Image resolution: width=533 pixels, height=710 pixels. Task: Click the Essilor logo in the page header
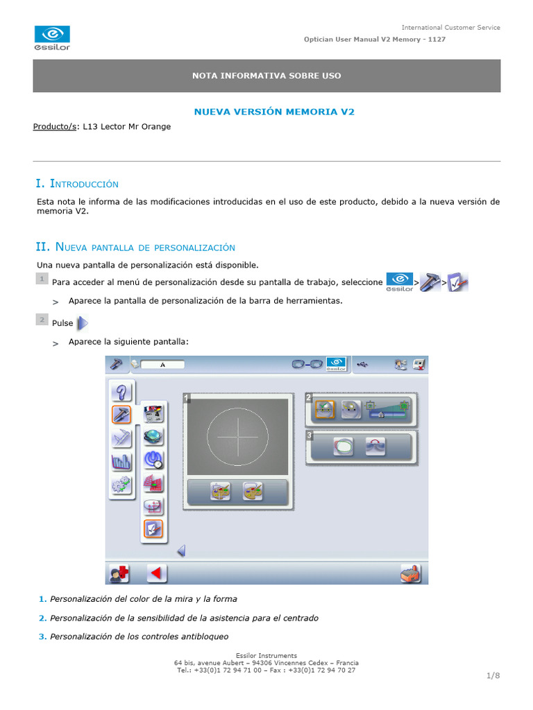(52, 38)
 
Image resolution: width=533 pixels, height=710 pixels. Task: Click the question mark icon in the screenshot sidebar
(121, 392)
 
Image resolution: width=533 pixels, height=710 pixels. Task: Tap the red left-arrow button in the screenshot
(157, 573)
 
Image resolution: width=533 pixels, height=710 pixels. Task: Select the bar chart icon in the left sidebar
(121, 461)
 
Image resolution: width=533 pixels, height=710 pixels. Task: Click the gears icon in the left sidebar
(121, 485)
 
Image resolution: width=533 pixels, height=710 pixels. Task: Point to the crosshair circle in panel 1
(237, 437)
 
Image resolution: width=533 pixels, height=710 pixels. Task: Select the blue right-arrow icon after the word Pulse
(82, 323)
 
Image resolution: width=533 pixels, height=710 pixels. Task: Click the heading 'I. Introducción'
(77, 184)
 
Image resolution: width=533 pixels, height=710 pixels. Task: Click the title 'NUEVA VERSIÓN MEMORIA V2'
(273, 112)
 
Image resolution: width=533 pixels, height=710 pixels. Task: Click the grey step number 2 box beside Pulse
(42, 320)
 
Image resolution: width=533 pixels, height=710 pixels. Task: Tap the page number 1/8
(493, 675)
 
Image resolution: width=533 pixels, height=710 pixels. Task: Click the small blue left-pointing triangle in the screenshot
(181, 551)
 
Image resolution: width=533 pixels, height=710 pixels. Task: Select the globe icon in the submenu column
(153, 436)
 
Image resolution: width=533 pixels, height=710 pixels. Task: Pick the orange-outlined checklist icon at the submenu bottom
(153, 529)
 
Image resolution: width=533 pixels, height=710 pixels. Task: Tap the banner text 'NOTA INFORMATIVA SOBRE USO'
(266, 76)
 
